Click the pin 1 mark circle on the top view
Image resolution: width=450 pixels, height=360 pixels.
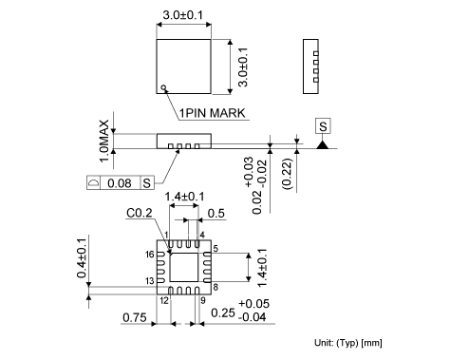(x=163, y=87)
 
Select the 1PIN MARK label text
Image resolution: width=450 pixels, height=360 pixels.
(x=212, y=113)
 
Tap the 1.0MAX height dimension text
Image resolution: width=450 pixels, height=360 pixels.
(x=104, y=141)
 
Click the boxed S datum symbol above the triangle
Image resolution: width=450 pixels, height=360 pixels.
(x=323, y=126)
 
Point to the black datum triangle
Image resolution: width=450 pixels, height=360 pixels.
(x=323, y=145)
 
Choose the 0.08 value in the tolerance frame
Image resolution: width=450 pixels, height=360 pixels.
(x=120, y=183)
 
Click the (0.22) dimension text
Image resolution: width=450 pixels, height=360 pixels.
(x=288, y=174)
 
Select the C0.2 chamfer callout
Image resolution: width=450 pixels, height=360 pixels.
(x=140, y=213)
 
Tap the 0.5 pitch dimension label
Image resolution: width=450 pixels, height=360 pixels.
(x=216, y=214)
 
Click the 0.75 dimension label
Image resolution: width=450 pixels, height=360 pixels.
(x=135, y=317)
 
